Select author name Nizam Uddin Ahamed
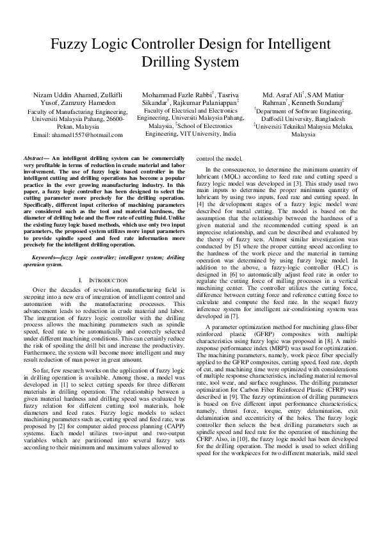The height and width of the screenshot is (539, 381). pyautogui.click(x=60, y=95)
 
